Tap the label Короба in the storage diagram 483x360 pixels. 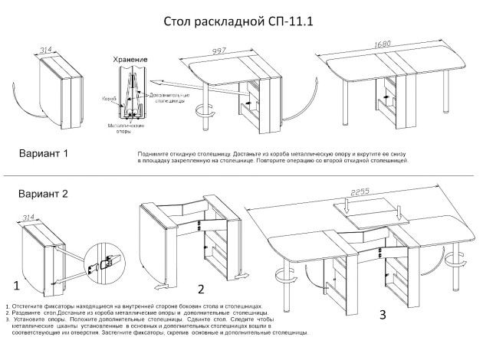click(110, 99)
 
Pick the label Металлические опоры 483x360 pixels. click(117, 126)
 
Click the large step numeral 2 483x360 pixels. click(200, 289)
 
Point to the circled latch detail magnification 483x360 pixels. click(106, 262)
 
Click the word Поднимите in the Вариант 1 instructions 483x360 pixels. click(153, 154)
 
